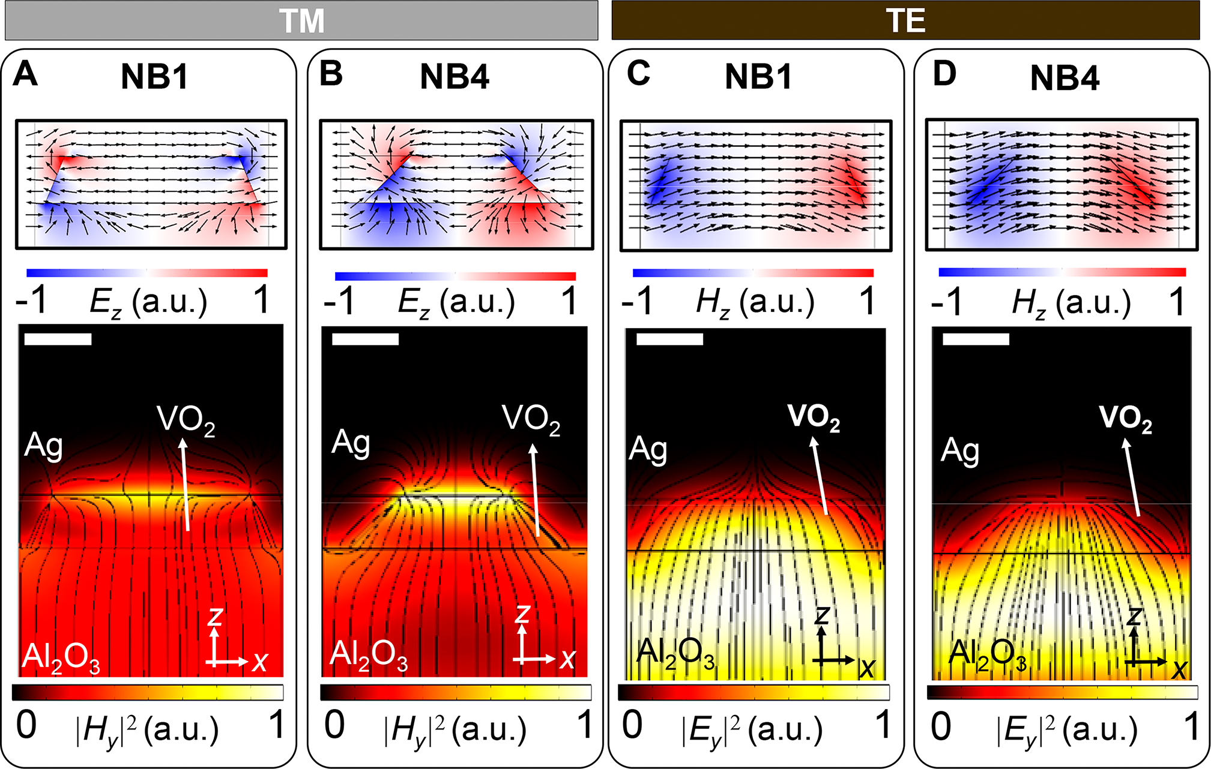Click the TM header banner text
302,22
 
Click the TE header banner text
905,22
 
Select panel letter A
25,74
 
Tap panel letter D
944,74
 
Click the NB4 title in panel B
455,77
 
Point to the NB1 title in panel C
758,77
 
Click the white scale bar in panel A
58,339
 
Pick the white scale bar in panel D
976,339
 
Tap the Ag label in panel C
648,449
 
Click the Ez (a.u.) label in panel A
148,302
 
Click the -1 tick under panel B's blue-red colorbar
340,302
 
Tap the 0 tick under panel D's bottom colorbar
941,727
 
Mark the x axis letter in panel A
259,662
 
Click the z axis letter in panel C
821,616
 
